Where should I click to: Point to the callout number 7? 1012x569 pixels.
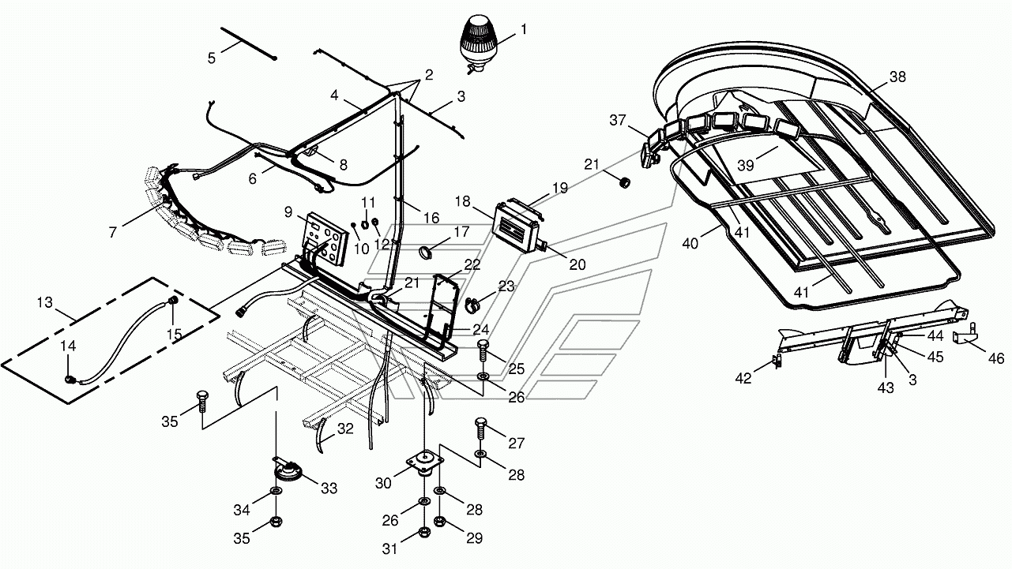click(x=113, y=233)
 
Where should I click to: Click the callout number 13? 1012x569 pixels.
click(x=45, y=302)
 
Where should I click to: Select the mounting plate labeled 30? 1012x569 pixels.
click(x=424, y=462)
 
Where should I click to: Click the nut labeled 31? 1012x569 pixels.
click(x=424, y=532)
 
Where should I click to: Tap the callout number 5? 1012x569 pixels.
click(x=211, y=58)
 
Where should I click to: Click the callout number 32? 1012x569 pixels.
click(x=345, y=429)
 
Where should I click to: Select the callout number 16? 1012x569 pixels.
click(x=431, y=218)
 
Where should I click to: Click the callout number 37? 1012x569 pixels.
click(x=617, y=120)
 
